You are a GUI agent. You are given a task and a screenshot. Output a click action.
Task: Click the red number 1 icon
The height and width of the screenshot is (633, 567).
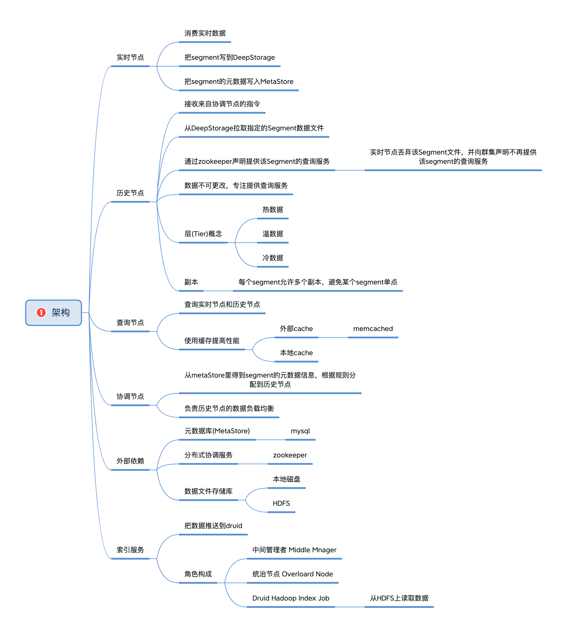[41, 312]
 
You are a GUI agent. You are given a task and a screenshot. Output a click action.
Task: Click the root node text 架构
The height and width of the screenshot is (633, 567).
[61, 312]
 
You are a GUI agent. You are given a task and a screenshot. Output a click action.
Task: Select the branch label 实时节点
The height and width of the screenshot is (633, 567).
[130, 57]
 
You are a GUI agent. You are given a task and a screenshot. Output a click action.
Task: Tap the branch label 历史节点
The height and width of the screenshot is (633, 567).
[130, 193]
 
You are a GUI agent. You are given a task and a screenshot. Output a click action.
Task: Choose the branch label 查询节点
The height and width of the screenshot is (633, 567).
[130, 322]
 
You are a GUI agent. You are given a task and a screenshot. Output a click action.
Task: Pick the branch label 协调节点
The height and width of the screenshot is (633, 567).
[130, 396]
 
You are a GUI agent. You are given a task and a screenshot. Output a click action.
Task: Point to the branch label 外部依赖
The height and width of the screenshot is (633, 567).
[130, 461]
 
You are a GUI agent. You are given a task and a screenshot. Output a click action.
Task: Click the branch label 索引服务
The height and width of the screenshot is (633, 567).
[130, 550]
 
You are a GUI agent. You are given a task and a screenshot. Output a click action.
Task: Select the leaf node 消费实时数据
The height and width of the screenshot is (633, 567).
[205, 33]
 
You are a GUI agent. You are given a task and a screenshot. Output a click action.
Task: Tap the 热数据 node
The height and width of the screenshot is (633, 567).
[273, 209]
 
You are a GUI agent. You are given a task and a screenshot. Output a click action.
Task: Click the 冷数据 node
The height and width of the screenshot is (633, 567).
[273, 258]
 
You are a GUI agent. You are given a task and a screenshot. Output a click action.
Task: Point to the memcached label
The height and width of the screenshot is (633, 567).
[373, 329]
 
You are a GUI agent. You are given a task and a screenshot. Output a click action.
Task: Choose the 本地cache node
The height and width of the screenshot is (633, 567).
[296, 353]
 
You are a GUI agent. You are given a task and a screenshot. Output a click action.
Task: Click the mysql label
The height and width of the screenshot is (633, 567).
[300, 431]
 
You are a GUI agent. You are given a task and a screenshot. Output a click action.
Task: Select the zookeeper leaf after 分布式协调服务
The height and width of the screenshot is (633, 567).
[290, 455]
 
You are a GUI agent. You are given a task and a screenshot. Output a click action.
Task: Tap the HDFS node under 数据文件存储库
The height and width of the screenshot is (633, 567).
[281, 503]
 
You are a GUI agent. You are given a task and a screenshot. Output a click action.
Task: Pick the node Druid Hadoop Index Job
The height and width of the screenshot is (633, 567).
[291, 598]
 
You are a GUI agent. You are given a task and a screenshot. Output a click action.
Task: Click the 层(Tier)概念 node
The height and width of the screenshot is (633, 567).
[203, 234]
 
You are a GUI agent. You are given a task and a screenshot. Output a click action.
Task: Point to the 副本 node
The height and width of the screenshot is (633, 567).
[191, 282]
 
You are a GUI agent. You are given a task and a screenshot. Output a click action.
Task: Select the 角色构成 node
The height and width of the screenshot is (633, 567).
[198, 574]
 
